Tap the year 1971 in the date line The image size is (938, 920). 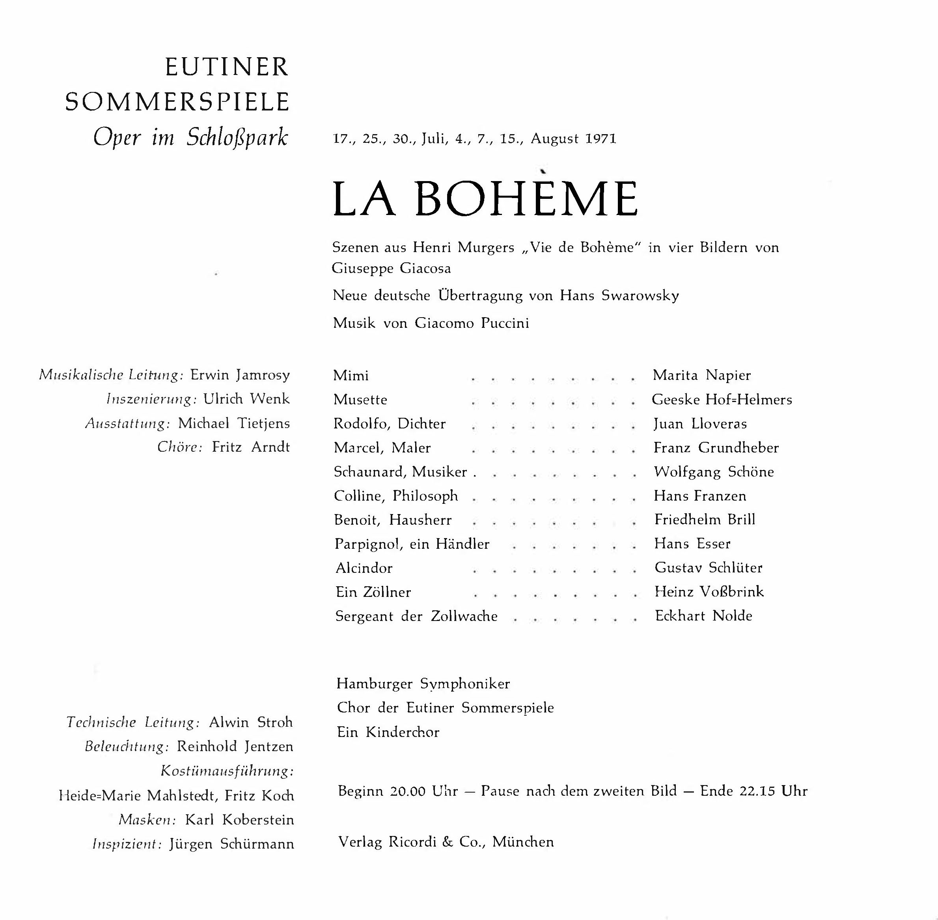pyautogui.click(x=600, y=139)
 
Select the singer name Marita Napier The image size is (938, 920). pyautogui.click(x=701, y=376)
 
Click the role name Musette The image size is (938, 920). pyautogui.click(x=360, y=400)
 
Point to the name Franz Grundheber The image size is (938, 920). pyautogui.click(x=716, y=448)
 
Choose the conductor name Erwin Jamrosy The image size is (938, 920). pyautogui.click(x=240, y=375)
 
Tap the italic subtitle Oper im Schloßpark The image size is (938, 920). pyautogui.click(x=190, y=138)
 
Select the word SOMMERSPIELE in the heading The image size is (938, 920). pyautogui.click(x=177, y=102)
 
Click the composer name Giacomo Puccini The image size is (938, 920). pyautogui.click(x=472, y=323)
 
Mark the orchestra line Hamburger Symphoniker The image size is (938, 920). pyautogui.click(x=423, y=684)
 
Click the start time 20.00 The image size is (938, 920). pyautogui.click(x=408, y=791)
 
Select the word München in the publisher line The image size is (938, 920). pyautogui.click(x=523, y=842)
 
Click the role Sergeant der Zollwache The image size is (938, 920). pyautogui.click(x=416, y=617)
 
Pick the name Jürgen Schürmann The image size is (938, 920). pyautogui.click(x=231, y=844)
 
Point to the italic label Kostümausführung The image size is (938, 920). pyautogui.click(x=227, y=771)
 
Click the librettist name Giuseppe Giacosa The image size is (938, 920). pyautogui.click(x=391, y=268)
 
